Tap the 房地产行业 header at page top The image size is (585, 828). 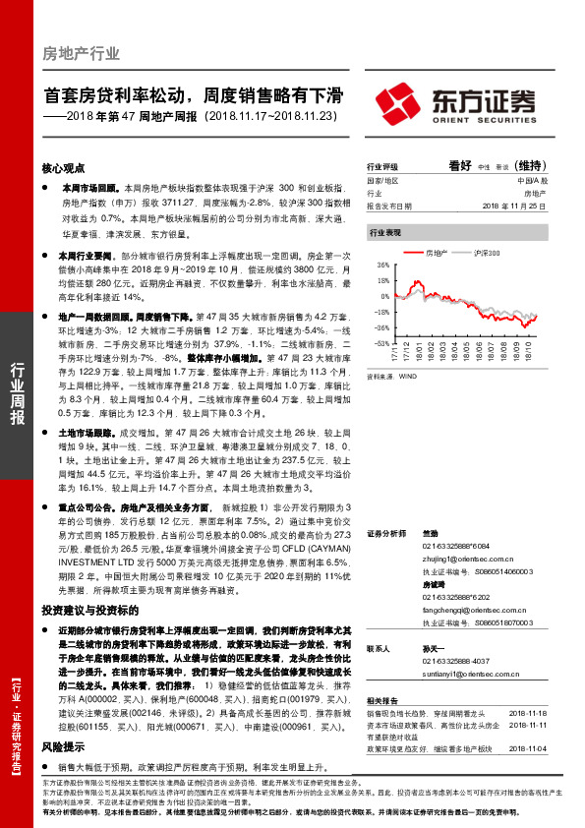point(81,53)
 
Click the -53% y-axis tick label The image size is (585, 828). point(381,344)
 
